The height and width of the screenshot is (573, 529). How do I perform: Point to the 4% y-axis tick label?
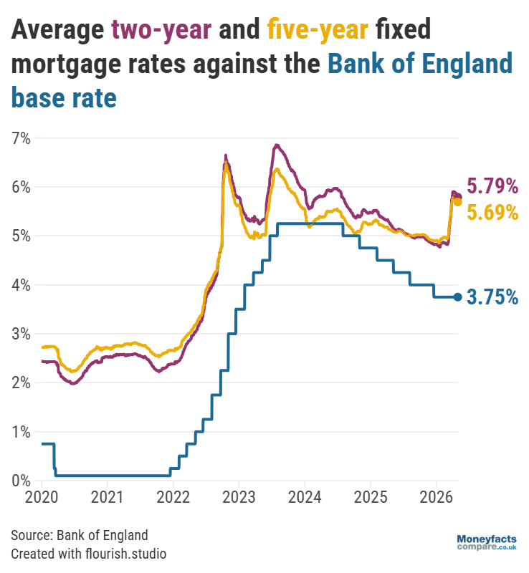(x=20, y=284)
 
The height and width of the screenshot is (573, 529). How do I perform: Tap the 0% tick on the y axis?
(x=20, y=480)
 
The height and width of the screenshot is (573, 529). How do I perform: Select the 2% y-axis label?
(x=20, y=382)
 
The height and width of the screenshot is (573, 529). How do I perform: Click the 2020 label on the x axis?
(x=42, y=496)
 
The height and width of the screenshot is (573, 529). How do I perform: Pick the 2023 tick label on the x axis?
(x=239, y=496)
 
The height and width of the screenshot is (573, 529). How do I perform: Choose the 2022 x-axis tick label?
(x=173, y=496)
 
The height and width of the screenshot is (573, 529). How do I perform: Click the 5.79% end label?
(x=492, y=187)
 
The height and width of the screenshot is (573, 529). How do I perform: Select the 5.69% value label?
(x=492, y=212)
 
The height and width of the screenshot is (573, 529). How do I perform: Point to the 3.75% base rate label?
(x=492, y=297)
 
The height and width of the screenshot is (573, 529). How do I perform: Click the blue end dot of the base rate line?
(x=458, y=297)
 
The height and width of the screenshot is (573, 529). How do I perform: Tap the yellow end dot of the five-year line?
(x=457, y=202)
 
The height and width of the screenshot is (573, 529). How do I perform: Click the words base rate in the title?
(x=64, y=97)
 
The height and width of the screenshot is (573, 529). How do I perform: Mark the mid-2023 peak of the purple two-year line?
(x=276, y=145)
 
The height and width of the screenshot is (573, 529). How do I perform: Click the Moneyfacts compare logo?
(x=486, y=542)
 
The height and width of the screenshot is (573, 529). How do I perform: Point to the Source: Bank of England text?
(x=80, y=535)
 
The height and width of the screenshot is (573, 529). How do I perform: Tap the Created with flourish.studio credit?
(x=89, y=553)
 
